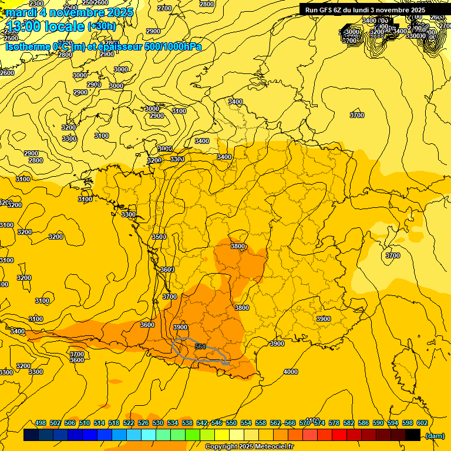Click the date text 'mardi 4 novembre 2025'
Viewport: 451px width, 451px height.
[69, 12]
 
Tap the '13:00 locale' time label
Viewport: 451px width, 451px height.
[45, 26]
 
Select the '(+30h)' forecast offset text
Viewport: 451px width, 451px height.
[102, 26]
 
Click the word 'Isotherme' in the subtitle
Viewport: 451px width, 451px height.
[28, 46]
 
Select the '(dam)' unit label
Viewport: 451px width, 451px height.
[435, 435]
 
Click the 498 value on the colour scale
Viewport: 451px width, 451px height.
[41, 423]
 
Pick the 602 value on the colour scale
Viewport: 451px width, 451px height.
[422, 423]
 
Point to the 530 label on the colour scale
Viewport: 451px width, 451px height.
[158, 423]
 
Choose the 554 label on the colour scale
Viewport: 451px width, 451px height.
[246, 423]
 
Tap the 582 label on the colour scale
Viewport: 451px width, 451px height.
[349, 423]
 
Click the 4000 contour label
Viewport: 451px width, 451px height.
[290, 372]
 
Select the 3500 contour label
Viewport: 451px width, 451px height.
[159, 237]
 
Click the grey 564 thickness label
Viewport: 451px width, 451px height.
[200, 347]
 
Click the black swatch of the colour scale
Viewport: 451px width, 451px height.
[413, 435]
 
